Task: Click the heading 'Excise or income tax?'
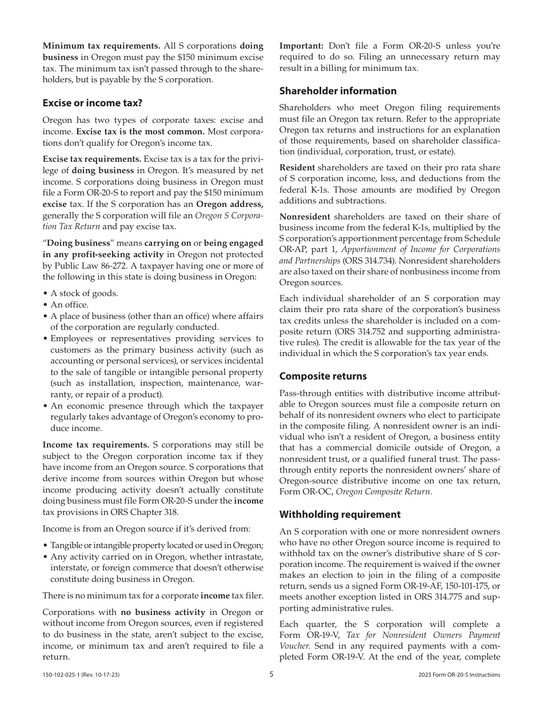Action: click(92, 103)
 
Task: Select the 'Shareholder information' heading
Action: click(337, 91)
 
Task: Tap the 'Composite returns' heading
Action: click(323, 376)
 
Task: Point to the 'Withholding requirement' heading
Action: click(340, 514)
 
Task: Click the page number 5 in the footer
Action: click(271, 674)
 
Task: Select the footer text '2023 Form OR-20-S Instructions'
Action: click(459, 675)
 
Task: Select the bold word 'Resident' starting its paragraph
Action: click(297, 167)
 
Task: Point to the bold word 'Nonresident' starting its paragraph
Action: click(305, 216)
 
